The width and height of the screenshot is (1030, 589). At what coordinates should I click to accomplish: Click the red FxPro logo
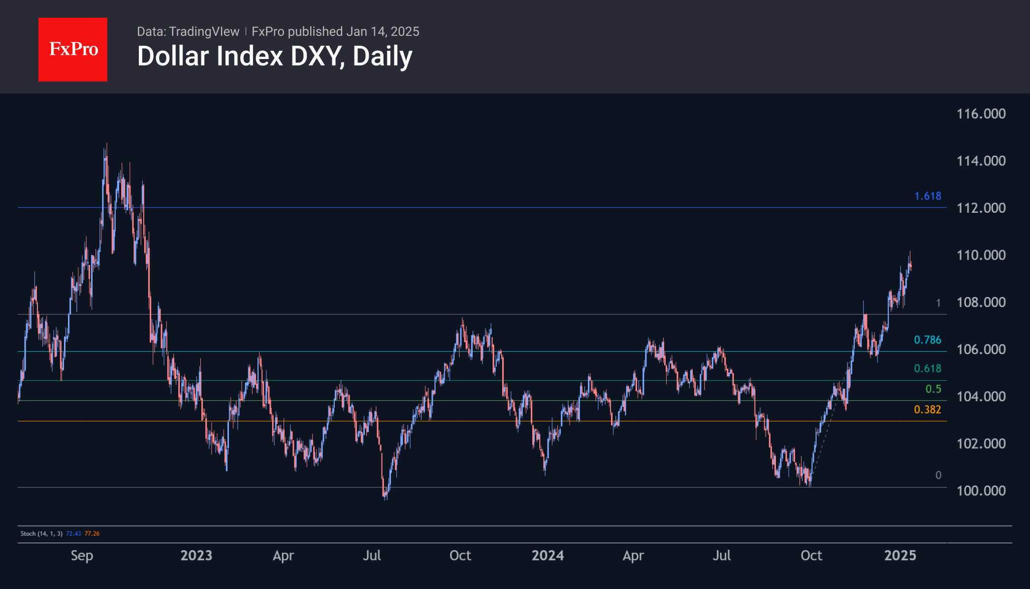[x=73, y=49]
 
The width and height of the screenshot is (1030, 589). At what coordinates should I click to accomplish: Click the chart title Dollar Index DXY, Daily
[x=275, y=56]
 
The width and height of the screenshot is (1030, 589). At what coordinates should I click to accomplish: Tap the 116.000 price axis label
[x=981, y=114]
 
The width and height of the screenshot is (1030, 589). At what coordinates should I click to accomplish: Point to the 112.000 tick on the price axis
[x=981, y=208]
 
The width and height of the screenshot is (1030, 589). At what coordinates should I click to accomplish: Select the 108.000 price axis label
[x=981, y=302]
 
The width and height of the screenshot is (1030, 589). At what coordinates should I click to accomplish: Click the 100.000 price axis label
[x=981, y=491]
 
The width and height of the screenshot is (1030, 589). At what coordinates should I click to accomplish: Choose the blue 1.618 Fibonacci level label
[x=928, y=196]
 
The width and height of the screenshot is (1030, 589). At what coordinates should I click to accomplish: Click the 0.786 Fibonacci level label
[x=927, y=340]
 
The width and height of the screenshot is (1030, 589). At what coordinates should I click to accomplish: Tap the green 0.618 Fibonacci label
[x=927, y=368]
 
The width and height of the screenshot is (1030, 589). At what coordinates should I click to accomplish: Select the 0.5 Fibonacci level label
[x=933, y=389]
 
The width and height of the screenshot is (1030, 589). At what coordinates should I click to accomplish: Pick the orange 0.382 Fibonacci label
[x=927, y=410]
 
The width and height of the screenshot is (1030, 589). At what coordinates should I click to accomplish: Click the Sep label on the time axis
[x=82, y=556]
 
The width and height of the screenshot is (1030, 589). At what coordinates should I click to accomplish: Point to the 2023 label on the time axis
[x=196, y=556]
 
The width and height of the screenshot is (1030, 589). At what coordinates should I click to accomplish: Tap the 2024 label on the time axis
[x=547, y=556]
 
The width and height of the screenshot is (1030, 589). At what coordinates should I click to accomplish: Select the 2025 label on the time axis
[x=900, y=556]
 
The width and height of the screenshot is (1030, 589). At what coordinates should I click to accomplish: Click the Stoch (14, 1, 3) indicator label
[x=41, y=533]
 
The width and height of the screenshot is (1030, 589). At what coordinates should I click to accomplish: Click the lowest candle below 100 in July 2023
[x=385, y=496]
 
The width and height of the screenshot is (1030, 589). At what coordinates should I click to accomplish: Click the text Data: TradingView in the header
[x=188, y=32]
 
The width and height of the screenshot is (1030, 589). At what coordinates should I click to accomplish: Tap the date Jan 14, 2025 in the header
[x=383, y=32]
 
